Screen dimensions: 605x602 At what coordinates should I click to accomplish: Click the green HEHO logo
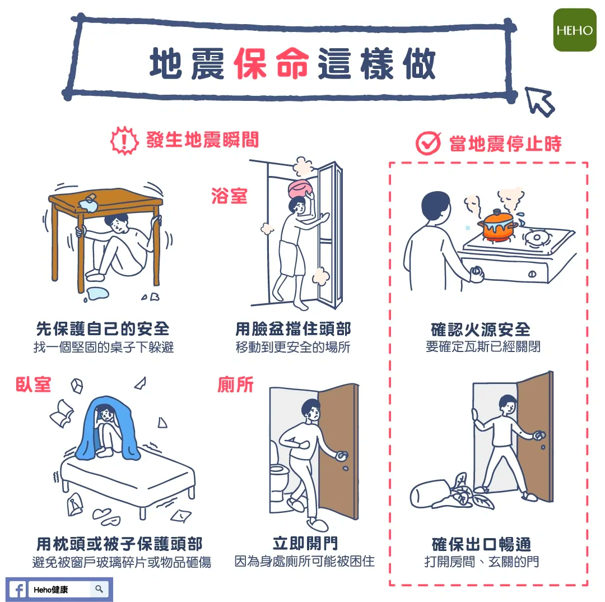coord(575,30)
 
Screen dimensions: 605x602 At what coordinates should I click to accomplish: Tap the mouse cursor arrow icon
coord(539,101)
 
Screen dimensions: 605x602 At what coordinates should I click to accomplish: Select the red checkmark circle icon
coord(428,143)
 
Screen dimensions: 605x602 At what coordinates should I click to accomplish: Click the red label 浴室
coord(229,196)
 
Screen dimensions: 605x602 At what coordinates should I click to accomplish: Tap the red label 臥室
coord(33,385)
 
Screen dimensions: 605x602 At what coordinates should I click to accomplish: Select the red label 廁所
coord(235,385)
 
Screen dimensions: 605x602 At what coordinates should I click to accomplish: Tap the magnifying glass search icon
coord(99,589)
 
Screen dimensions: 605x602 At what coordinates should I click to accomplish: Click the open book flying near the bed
coord(62,414)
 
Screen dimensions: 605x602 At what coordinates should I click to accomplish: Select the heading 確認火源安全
coord(481,330)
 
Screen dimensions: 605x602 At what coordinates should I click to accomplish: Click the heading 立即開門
coord(305,543)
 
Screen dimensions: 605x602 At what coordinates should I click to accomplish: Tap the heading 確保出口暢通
coord(482,544)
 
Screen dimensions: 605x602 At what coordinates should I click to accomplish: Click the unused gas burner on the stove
coord(537,237)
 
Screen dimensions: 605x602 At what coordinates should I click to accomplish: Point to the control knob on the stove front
coord(532,274)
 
